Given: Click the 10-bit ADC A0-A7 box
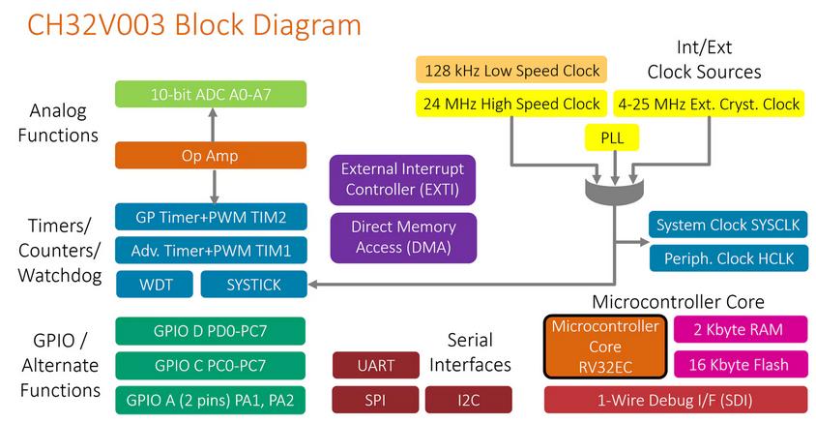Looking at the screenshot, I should tap(211, 94).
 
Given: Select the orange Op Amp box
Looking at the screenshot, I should tap(211, 155).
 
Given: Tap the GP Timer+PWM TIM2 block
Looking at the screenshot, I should tap(211, 215).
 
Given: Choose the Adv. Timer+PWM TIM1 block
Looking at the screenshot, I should tap(211, 250).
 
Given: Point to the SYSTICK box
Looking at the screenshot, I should tap(253, 285).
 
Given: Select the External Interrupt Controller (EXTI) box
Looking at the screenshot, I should tap(402, 178).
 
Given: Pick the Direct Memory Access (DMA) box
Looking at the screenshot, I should tap(402, 237).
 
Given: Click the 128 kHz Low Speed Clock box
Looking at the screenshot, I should tap(511, 70).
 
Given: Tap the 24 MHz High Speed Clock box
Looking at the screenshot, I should tap(511, 104).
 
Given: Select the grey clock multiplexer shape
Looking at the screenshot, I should tap(613, 187).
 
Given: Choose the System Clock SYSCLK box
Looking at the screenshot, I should tap(729, 226).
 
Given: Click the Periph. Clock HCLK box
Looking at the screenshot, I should tap(729, 258).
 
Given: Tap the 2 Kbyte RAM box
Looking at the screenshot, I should tap(739, 330).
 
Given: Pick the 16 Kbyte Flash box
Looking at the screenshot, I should tap(739, 365).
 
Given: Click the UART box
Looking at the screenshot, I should tap(374, 365).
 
